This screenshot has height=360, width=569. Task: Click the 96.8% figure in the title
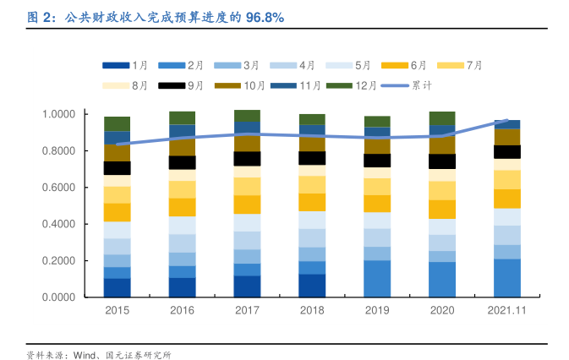(265, 17)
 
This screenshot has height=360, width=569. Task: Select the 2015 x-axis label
(117, 311)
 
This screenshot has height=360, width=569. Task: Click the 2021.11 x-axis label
(506, 311)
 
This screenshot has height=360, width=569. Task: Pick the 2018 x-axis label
(312, 311)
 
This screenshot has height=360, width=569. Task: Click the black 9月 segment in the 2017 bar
(247, 159)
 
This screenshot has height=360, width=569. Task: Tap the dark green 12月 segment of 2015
(117, 123)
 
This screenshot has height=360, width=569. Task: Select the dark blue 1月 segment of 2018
(312, 286)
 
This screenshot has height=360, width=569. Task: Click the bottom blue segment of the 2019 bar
(377, 279)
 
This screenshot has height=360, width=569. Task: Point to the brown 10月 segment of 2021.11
(506, 137)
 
